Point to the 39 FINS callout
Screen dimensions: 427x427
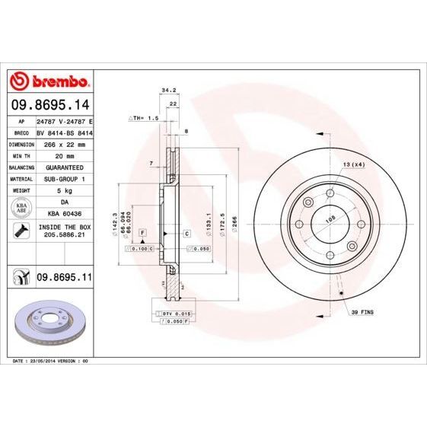coord(365,312)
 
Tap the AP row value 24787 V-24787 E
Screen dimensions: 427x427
coord(64,121)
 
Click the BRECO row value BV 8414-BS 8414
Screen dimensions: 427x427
coord(64,132)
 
